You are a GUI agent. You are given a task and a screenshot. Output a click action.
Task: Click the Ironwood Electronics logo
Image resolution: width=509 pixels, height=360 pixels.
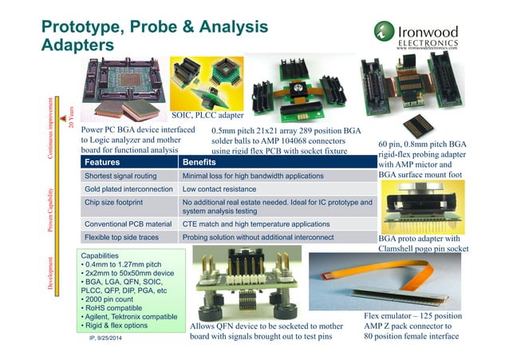click(418, 36)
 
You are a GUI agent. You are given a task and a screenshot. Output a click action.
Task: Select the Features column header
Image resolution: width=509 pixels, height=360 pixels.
click(108, 162)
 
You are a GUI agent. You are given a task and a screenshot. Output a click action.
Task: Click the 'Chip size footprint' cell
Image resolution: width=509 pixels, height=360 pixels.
click(116, 203)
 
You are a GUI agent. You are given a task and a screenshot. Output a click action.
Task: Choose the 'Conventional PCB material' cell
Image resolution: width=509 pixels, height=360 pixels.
click(128, 224)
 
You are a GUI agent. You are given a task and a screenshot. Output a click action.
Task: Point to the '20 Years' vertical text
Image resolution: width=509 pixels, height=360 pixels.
click(70, 117)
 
